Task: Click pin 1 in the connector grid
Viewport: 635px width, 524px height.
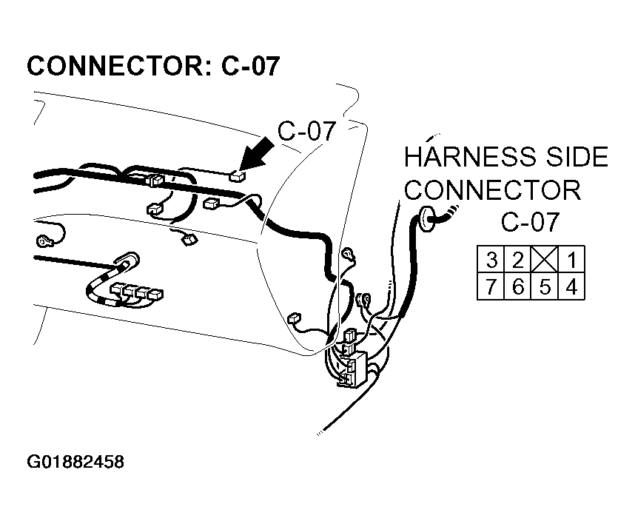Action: tap(571, 260)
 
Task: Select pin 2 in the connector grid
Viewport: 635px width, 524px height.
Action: tap(518, 260)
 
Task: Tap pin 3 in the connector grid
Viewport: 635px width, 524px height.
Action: tap(491, 260)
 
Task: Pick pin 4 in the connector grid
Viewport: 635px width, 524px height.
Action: tap(571, 286)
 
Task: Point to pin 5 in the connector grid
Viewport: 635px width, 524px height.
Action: tap(545, 286)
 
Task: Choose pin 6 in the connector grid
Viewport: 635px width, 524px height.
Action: tap(518, 286)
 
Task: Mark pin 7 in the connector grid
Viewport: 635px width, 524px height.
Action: tap(491, 286)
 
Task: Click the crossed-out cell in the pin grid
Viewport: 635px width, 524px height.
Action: tap(545, 260)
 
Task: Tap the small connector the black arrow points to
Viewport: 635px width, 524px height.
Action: tap(235, 176)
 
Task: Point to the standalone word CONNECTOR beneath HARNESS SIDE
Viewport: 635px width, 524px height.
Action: tap(492, 189)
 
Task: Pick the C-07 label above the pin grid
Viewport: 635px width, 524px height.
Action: tap(531, 222)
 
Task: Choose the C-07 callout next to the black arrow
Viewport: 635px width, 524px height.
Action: tap(307, 131)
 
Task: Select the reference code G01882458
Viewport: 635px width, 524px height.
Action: tap(75, 463)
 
